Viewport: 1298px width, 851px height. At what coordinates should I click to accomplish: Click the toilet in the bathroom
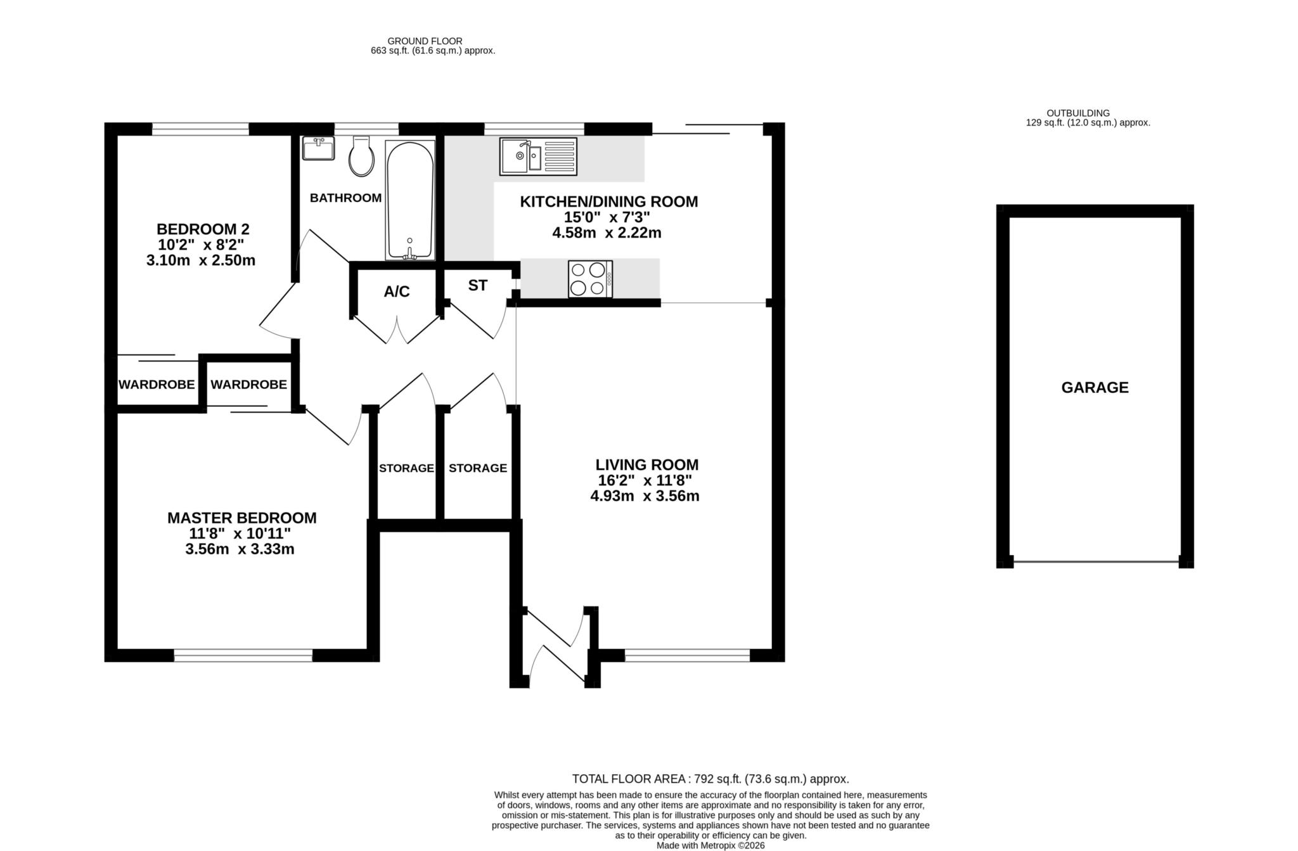(361, 157)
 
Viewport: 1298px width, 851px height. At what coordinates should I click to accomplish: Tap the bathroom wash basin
(318, 150)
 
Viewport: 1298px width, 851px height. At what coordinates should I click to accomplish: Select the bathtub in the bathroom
(410, 200)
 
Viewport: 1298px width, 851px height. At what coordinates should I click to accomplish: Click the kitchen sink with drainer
(538, 156)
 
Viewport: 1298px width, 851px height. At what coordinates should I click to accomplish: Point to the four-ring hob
(590, 279)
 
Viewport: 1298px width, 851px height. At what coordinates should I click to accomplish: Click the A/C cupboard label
(397, 291)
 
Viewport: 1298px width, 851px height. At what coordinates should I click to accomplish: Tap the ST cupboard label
(477, 286)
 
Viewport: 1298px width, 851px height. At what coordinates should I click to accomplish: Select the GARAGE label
(1095, 388)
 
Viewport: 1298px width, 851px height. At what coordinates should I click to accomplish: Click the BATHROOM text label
(345, 198)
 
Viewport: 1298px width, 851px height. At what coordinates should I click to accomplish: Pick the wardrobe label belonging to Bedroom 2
(157, 385)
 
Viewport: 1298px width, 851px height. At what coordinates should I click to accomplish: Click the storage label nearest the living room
(477, 468)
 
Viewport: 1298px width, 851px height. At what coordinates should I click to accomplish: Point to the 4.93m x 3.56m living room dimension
(645, 496)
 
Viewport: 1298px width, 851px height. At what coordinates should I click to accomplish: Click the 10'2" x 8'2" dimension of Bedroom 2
(201, 245)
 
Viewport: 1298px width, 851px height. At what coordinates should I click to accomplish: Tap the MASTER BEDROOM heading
(241, 518)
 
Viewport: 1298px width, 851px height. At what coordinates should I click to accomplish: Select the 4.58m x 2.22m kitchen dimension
(607, 233)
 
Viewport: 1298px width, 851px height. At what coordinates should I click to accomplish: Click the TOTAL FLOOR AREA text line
(710, 779)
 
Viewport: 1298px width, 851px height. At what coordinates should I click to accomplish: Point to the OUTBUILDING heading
(1087, 113)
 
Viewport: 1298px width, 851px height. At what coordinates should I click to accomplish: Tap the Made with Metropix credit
(710, 845)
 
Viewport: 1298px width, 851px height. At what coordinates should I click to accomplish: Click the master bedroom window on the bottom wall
(243, 656)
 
